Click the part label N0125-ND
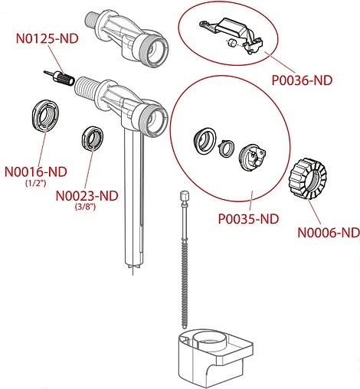47,38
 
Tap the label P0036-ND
302,80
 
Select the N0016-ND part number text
36,172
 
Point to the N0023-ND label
87,196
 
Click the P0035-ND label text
248,219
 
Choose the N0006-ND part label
329,233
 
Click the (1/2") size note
36,183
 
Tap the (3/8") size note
85,207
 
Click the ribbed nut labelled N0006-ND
307,178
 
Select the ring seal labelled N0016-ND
46,116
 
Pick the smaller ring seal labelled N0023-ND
93,139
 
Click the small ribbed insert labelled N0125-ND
59,78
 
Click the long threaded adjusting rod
185,260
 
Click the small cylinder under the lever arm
231,44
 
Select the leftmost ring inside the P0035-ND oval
205,141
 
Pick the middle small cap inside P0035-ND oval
225,149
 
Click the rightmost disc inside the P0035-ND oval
252,158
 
